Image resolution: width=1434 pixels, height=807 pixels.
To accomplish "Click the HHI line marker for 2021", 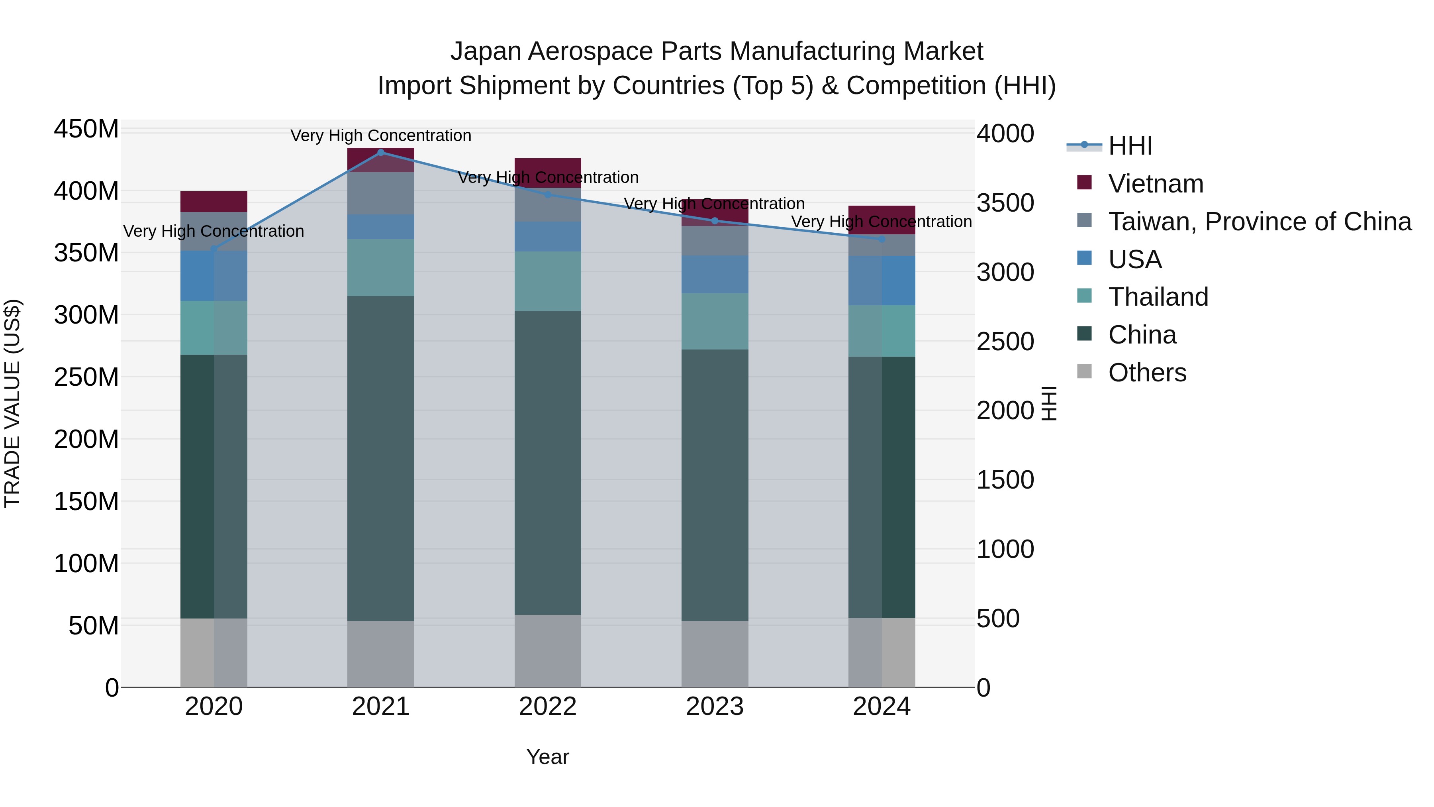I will pos(381,152).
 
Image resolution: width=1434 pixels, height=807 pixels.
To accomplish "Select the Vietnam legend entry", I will pos(1156,184).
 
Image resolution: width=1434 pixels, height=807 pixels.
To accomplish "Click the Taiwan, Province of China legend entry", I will pos(1259,222).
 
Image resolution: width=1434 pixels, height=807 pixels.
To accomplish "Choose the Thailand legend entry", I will pos(1158,297).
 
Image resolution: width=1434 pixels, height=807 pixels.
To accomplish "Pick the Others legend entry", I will pos(1147,373).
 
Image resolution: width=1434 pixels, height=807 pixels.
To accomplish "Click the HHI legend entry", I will pos(1130,146).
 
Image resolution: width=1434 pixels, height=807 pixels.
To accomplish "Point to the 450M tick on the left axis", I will pos(86,129).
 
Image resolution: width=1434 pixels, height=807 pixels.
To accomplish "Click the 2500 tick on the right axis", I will pos(1005,342).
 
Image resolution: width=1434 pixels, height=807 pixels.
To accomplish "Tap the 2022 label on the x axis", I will pos(548,707).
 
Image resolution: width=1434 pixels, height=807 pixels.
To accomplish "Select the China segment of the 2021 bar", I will pos(381,457).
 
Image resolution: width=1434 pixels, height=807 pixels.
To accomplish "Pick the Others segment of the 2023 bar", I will pos(715,654).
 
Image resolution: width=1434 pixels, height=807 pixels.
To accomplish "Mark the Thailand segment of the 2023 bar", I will pos(715,321).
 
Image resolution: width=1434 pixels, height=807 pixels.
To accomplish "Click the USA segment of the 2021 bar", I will pos(381,227).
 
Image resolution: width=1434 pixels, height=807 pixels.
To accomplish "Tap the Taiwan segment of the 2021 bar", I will pos(381,193).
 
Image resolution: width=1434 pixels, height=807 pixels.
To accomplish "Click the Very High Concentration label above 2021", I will pos(381,135).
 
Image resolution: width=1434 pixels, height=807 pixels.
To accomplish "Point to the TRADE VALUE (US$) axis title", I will pos(12,403).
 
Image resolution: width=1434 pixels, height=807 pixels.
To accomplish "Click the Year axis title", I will pos(548,757).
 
